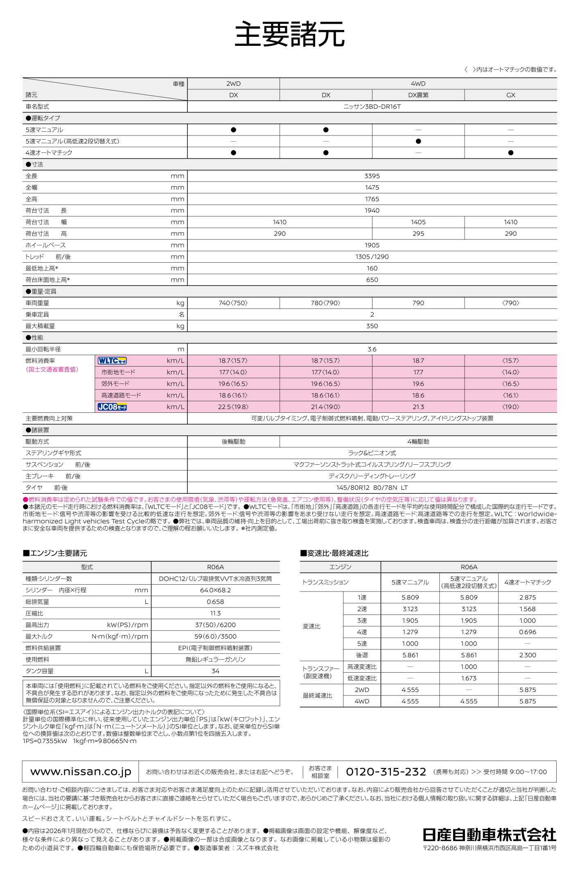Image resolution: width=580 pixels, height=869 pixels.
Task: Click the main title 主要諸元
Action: point(290,35)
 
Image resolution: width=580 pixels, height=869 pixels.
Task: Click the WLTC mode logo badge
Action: point(112,361)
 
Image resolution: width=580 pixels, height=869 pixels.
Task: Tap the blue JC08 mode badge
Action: point(112,407)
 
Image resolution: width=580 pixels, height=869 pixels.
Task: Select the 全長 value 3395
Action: point(372,176)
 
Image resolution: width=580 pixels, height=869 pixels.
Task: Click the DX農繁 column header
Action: point(418,95)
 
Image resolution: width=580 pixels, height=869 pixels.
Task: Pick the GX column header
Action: point(510,95)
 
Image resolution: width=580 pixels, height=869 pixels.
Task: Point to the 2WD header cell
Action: point(233,83)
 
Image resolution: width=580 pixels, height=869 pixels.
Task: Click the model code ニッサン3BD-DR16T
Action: point(372,106)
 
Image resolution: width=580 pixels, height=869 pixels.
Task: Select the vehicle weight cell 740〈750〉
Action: point(233,303)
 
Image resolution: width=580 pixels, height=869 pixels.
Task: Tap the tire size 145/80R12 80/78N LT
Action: point(372,488)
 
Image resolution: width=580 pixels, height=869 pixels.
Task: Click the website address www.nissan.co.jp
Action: point(81,772)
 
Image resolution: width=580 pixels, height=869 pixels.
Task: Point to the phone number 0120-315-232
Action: point(386,772)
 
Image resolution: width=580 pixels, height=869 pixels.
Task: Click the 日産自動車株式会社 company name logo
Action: point(489,834)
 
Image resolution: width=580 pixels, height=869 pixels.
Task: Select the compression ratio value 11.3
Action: point(215,613)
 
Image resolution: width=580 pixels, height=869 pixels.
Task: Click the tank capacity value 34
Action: point(215,671)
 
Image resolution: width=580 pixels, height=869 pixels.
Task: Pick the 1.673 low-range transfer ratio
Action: point(469,678)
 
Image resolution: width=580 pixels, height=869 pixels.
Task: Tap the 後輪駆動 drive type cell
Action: point(233,441)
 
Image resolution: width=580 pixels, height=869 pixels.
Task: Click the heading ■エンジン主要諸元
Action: point(55,553)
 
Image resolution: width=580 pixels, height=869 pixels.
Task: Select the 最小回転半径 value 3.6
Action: point(372,349)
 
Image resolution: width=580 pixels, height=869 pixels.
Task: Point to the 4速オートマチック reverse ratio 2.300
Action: point(527,655)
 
